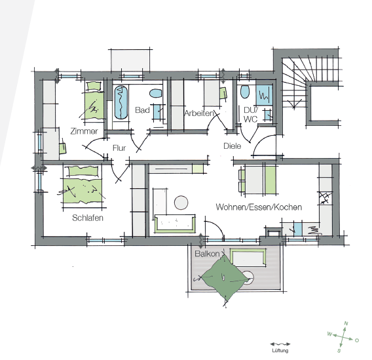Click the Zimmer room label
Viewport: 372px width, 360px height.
pos(84,131)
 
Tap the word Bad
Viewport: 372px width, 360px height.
pos(142,110)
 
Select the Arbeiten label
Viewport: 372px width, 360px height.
pos(199,113)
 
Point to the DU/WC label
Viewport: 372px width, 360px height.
pos(251,115)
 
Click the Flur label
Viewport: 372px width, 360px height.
pos(119,148)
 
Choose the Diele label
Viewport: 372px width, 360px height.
pos(232,146)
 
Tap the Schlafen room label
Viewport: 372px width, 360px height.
pos(88,218)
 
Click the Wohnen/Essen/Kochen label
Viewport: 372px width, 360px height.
pos(259,207)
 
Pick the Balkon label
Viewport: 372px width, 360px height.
pos(207,254)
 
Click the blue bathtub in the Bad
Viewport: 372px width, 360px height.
pos(121,102)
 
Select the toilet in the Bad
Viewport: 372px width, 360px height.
pos(156,93)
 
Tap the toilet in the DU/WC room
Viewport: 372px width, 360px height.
pos(245,91)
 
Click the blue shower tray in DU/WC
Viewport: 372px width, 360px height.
pos(264,95)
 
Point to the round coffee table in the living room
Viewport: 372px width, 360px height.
pos(181,203)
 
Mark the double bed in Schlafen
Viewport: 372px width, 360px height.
pos(83,188)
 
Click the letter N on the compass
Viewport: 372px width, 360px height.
pos(346,323)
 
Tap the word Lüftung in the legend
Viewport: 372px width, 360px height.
pos(280,350)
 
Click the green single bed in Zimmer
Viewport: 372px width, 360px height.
pos(94,102)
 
